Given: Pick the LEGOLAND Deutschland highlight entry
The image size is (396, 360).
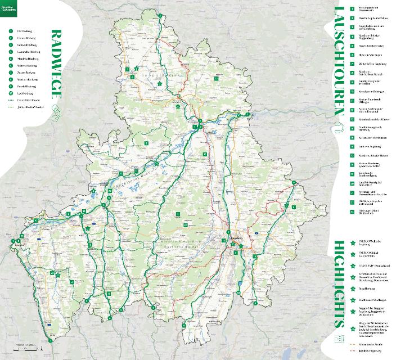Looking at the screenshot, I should coord(370,265).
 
